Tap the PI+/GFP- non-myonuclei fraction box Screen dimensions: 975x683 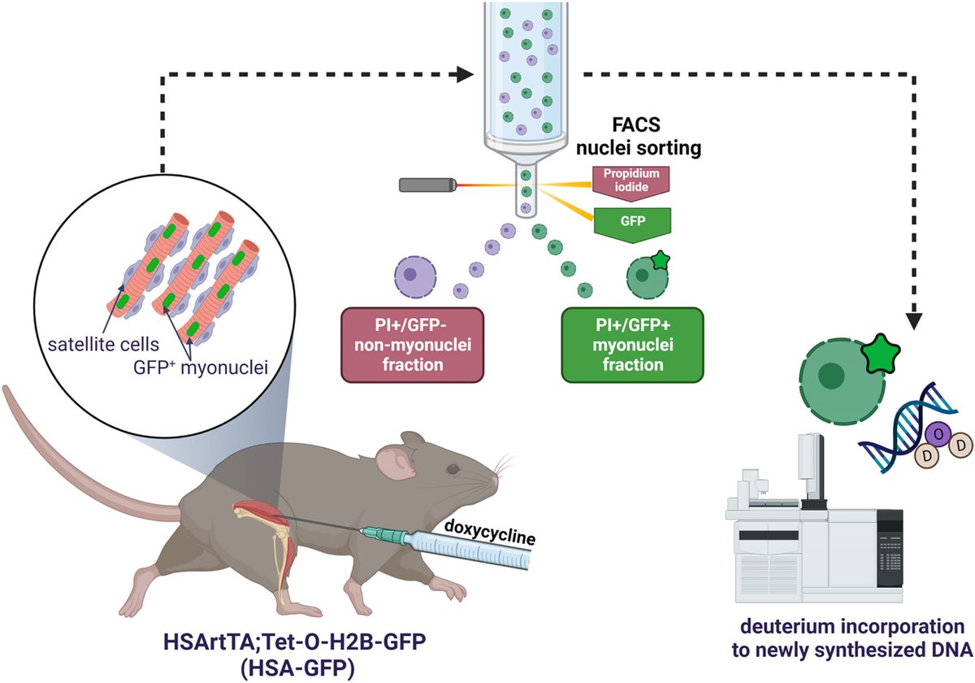click(412, 345)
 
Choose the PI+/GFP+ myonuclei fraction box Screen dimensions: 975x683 click(632, 345)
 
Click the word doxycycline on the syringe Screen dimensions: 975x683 click(490, 533)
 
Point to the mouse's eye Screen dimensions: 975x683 click(453, 469)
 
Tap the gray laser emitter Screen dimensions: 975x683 click(428, 185)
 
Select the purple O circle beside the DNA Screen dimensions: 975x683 click(939, 434)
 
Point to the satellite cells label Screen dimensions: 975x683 click(104, 345)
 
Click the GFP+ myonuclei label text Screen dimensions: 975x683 click(201, 368)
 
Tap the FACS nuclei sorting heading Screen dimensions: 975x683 click(638, 137)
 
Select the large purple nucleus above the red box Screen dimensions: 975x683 click(415, 276)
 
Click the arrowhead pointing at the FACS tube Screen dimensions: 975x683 click(465, 75)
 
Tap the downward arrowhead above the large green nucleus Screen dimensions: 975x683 click(914, 321)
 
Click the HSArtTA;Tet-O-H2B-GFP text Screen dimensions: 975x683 click(295, 642)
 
